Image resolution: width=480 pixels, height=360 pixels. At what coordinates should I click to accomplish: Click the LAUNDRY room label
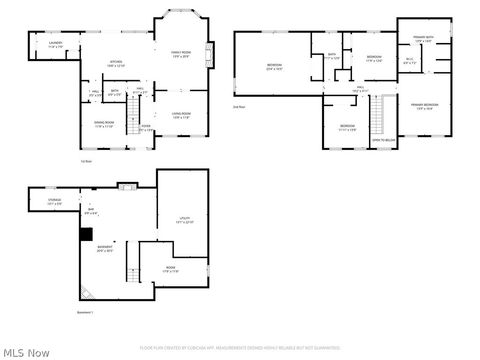pyautogui.click(x=56, y=44)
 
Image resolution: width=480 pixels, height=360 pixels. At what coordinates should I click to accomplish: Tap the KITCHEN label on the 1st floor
pyautogui.click(x=116, y=64)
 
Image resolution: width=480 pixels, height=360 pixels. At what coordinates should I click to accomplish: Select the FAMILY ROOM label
pyautogui.click(x=181, y=54)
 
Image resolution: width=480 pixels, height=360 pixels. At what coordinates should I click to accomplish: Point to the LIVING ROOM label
pyautogui.click(x=181, y=115)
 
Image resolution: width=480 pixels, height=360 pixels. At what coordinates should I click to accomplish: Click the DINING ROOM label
pyautogui.click(x=105, y=125)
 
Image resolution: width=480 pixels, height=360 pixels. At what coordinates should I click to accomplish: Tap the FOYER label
pyautogui.click(x=145, y=127)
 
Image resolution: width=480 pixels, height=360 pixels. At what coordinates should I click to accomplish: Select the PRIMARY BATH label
pyautogui.click(x=423, y=39)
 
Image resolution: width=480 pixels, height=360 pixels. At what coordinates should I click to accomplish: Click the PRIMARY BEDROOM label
pyautogui.click(x=424, y=106)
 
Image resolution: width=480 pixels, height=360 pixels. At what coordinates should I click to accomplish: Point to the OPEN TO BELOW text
pyautogui.click(x=383, y=142)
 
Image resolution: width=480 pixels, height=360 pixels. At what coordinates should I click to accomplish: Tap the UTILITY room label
pyautogui.click(x=184, y=219)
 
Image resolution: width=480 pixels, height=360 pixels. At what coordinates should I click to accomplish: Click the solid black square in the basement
pyautogui.click(x=85, y=234)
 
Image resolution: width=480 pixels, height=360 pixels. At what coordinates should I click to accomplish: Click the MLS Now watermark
pyautogui.click(x=26, y=352)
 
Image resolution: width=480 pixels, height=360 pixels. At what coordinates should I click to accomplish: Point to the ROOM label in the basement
pyautogui.click(x=171, y=270)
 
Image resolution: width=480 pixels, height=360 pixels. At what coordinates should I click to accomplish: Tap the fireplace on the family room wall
pyautogui.click(x=209, y=52)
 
